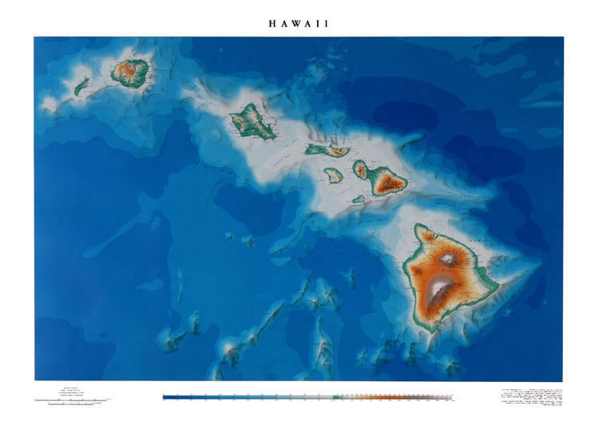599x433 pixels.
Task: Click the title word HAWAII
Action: tap(299, 24)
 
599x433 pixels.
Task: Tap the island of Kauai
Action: tap(129, 73)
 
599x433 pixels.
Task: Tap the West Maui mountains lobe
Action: tap(361, 169)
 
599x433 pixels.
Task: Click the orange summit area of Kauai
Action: tap(128, 72)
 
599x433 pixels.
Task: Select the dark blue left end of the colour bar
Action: tap(167, 396)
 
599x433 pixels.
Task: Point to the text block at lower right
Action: tap(530, 396)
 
